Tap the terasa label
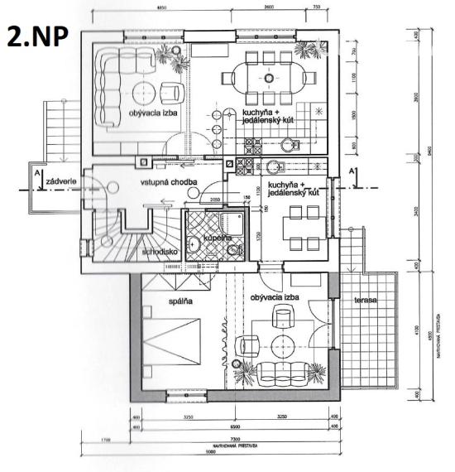point(365,299)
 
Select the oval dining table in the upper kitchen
point(269,77)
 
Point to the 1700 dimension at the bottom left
point(103,438)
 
